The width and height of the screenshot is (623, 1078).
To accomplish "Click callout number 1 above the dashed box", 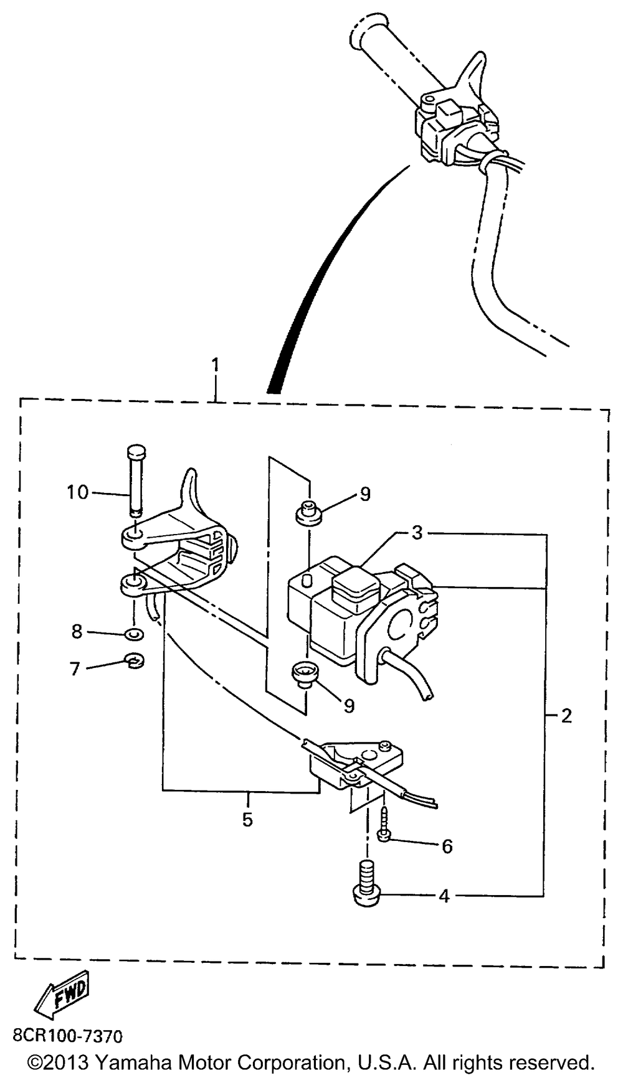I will (x=216, y=365).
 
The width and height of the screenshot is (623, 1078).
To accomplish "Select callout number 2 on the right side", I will (x=566, y=716).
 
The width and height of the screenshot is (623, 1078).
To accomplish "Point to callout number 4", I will (x=444, y=896).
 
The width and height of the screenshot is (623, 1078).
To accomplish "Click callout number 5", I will (x=247, y=820).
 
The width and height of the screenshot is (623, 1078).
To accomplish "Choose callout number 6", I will (x=447, y=846).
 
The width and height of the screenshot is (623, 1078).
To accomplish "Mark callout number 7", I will (x=75, y=669).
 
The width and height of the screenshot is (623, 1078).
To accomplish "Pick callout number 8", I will (x=77, y=632).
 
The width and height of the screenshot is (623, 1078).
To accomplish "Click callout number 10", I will (x=78, y=492).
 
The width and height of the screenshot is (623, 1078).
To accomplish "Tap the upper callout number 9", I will (x=365, y=494).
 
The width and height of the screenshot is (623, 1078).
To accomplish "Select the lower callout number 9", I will (x=349, y=705).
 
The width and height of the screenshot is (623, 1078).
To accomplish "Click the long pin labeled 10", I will (x=135, y=479).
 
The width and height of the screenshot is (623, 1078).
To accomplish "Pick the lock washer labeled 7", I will (x=134, y=661).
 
